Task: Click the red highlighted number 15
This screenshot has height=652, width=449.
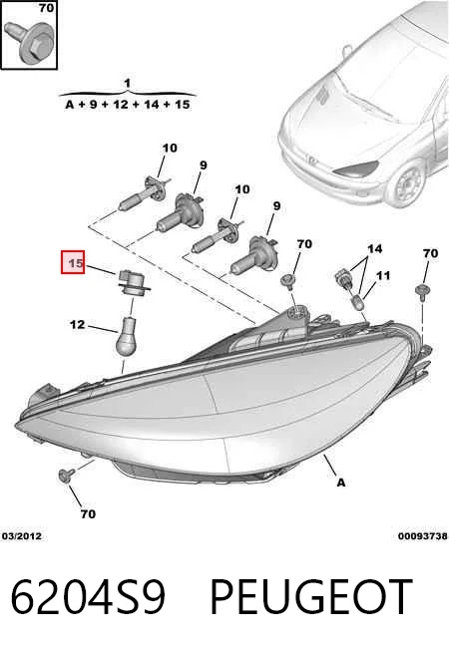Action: pyautogui.click(x=73, y=262)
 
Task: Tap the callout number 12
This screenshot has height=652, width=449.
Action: pyautogui.click(x=78, y=324)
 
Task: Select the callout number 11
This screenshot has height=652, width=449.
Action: pyautogui.click(x=383, y=275)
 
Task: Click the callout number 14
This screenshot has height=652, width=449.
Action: pyautogui.click(x=374, y=248)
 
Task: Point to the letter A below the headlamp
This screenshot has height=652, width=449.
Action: pyautogui.click(x=341, y=483)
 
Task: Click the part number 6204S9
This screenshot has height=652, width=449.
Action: pyautogui.click(x=88, y=597)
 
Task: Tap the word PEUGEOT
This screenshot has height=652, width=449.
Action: pyautogui.click(x=311, y=597)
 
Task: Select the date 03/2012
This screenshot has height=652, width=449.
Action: pyautogui.click(x=22, y=536)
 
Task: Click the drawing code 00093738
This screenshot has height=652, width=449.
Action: pyautogui.click(x=423, y=536)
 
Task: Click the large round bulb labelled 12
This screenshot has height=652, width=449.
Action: pyautogui.click(x=127, y=336)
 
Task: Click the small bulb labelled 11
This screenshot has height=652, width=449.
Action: pyautogui.click(x=358, y=301)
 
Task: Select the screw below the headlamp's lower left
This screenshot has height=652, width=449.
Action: pyautogui.click(x=67, y=475)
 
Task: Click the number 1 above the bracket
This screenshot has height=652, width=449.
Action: pyautogui.click(x=128, y=84)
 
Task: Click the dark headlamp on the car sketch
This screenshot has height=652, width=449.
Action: pyautogui.click(x=356, y=168)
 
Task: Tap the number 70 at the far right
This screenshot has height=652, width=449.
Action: pyautogui.click(x=430, y=253)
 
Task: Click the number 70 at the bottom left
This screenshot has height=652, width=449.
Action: pyautogui.click(x=88, y=514)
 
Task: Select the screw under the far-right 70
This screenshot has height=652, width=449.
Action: pyautogui.click(x=422, y=292)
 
